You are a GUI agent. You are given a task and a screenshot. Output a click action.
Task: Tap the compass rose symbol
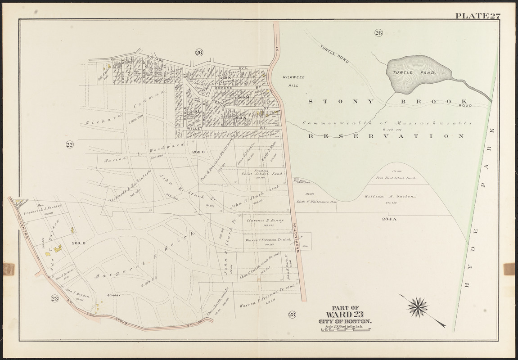[x=417, y=307]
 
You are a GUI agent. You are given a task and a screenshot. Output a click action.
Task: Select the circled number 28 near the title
[x=292, y=314]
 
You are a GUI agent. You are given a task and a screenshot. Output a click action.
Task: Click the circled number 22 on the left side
[x=69, y=144]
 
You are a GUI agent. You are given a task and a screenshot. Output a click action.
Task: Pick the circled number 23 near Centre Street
[x=55, y=297]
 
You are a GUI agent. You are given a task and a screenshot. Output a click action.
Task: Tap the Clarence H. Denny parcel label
[x=263, y=221]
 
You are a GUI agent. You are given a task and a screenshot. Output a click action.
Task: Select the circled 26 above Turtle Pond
[x=378, y=32]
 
